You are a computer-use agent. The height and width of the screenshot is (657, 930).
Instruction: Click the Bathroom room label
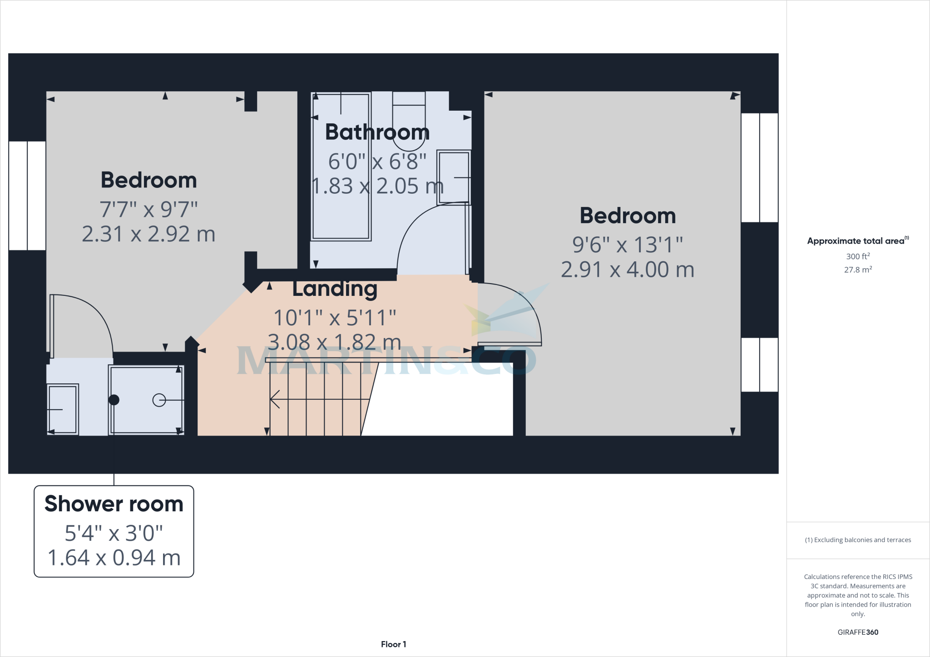click(x=377, y=132)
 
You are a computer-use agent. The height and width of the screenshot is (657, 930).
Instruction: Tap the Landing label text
click(x=335, y=289)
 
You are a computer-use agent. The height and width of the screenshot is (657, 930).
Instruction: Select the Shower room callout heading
click(x=114, y=504)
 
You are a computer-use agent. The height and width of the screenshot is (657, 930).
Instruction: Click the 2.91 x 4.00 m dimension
click(x=628, y=270)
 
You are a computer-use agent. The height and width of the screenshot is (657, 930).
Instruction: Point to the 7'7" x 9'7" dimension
click(x=149, y=210)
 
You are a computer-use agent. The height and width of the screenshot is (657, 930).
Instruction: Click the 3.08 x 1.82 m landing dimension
click(x=335, y=342)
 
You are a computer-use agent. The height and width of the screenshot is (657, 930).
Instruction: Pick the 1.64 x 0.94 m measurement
click(x=114, y=558)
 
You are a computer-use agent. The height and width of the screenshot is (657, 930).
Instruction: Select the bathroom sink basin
click(x=453, y=178)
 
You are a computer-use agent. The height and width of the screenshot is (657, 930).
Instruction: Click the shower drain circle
click(x=159, y=400)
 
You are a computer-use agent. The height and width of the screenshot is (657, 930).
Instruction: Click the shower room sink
click(x=63, y=410)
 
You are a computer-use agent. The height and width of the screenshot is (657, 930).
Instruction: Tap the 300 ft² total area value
click(x=858, y=256)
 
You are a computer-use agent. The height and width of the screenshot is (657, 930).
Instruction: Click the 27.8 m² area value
click(x=858, y=270)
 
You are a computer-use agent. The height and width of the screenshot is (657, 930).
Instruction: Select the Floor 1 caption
click(x=393, y=644)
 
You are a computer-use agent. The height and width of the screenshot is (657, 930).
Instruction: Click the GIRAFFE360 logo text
click(x=858, y=632)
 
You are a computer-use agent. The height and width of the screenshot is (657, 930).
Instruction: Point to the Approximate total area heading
click(x=857, y=241)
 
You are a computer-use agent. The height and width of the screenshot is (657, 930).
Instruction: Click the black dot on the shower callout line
click(x=114, y=400)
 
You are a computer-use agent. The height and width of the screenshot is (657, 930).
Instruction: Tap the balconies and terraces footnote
click(x=858, y=540)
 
